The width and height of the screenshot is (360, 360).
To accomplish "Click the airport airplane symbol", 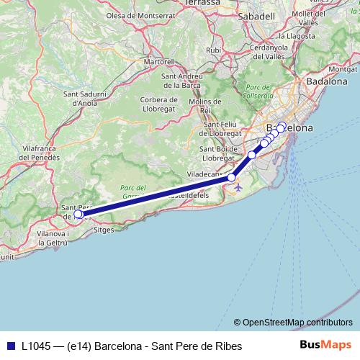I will (x=238, y=188).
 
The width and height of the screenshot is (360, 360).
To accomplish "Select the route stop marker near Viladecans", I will (x=231, y=177).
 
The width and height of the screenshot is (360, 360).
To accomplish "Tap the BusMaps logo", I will (x=325, y=345).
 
